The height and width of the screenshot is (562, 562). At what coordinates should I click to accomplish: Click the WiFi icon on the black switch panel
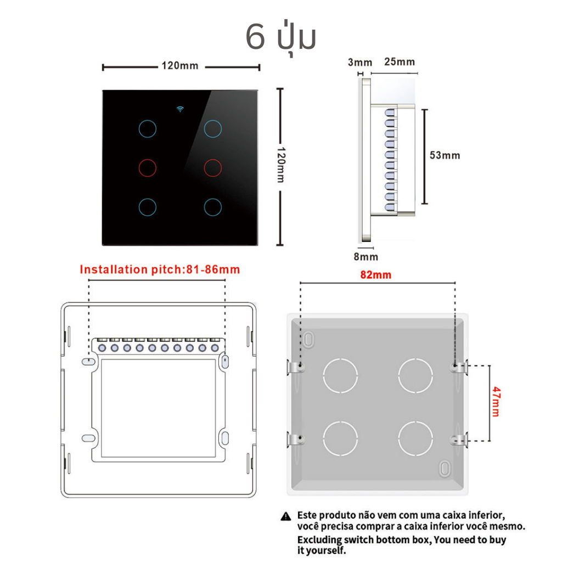coord(180,109)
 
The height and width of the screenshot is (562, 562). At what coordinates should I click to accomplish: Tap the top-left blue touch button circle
coord(147,120)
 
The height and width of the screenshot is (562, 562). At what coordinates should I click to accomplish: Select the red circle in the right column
coord(212,160)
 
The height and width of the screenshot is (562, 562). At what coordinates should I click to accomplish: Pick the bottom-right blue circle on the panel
coord(212,199)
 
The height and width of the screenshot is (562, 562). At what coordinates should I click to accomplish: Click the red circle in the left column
coord(147,160)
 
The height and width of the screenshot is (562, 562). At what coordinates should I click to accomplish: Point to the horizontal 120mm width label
coord(179,66)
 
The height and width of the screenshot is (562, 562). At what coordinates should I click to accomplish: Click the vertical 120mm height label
coord(282,165)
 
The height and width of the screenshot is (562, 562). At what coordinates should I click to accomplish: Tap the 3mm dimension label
coord(360,63)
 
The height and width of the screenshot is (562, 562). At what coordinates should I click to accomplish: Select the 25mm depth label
coord(400,61)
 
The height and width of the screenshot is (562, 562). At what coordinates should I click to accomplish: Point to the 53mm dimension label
coord(445,155)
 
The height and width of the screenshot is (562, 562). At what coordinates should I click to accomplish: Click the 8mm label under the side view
coord(366,257)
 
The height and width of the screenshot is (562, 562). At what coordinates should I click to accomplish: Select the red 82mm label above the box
coord(375,275)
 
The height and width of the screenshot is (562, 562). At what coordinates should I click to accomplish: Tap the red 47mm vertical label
coord(496,401)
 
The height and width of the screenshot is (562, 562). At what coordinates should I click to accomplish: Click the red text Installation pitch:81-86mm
coord(160,269)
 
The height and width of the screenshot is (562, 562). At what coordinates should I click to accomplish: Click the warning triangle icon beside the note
coord(285,516)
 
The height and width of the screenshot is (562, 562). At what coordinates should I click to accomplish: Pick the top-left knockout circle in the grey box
coord(340,359)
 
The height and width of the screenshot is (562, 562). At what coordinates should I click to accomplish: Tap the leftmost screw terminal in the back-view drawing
coord(102,347)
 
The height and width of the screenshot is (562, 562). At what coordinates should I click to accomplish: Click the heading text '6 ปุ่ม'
coord(280,37)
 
